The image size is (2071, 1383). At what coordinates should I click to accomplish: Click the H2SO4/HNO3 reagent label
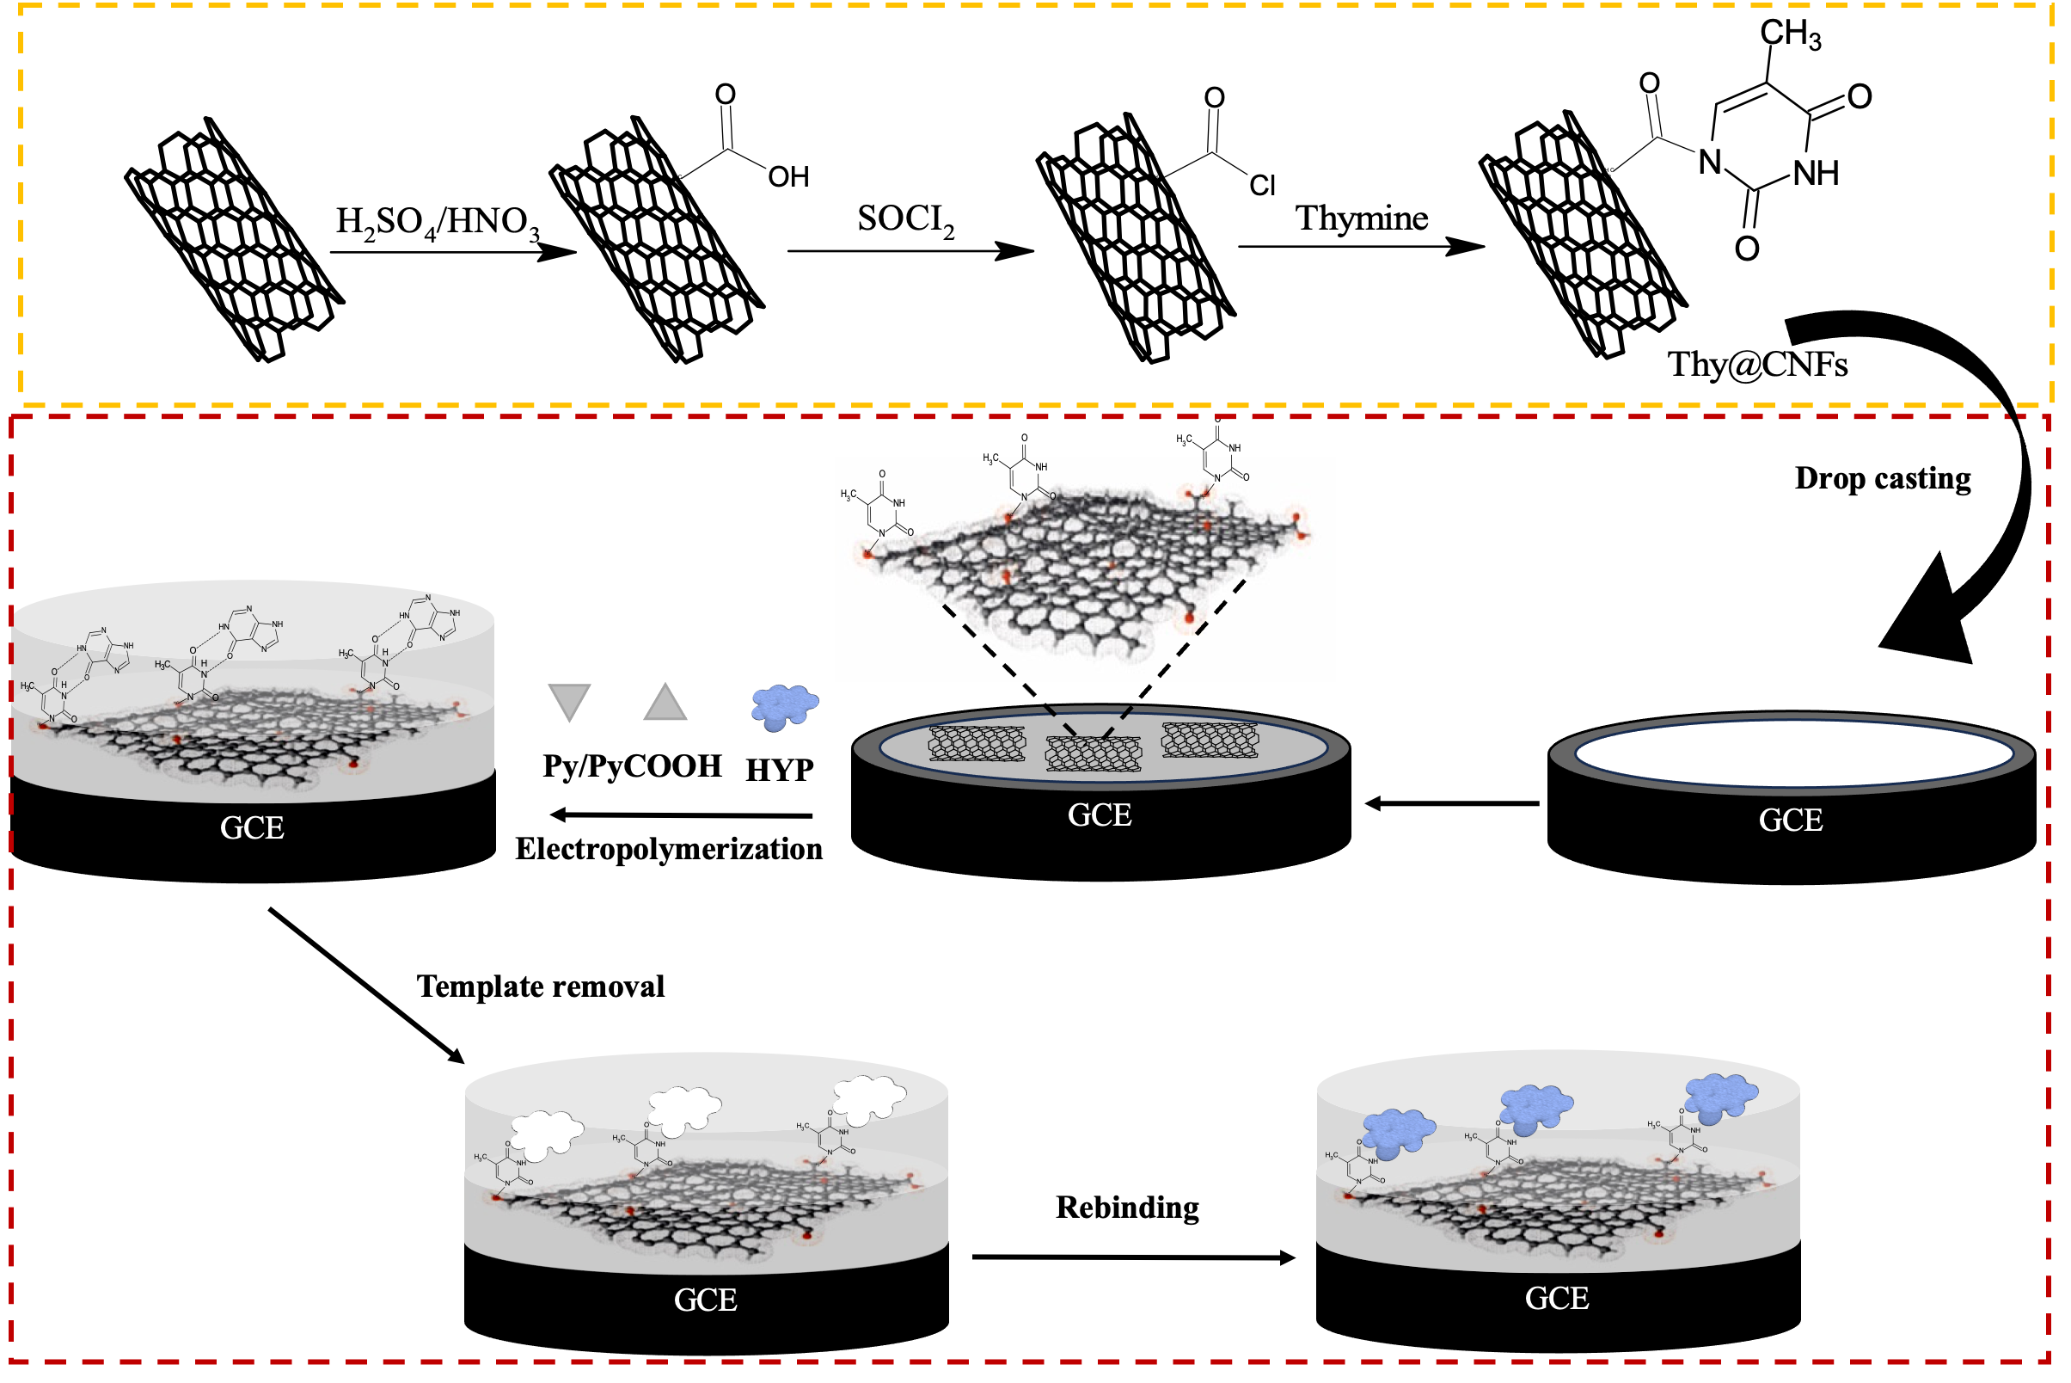tap(438, 222)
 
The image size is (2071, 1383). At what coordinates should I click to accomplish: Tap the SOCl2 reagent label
tap(905, 219)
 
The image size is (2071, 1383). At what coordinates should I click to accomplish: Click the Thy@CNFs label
tap(1756, 365)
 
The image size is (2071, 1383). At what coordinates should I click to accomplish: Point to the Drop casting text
tap(1883, 478)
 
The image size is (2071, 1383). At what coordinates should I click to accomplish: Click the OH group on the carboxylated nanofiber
tap(788, 177)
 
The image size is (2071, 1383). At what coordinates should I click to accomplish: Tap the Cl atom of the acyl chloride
tap(1262, 186)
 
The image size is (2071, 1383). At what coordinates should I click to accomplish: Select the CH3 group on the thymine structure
tap(1790, 34)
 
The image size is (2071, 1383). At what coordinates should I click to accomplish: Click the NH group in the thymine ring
tap(1816, 174)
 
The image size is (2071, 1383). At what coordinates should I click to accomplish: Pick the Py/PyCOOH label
tap(631, 766)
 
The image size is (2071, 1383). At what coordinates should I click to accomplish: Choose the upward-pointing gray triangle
tap(665, 702)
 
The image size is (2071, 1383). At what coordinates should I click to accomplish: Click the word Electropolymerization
tap(668, 850)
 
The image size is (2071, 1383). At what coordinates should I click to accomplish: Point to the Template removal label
tap(541, 987)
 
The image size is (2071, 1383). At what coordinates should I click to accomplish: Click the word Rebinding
tap(1127, 1208)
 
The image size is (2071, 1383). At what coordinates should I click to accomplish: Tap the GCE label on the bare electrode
tap(1790, 821)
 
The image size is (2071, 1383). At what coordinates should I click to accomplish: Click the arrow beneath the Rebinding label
tap(1133, 1257)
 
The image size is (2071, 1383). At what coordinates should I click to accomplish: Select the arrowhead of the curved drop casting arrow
tap(1931, 618)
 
